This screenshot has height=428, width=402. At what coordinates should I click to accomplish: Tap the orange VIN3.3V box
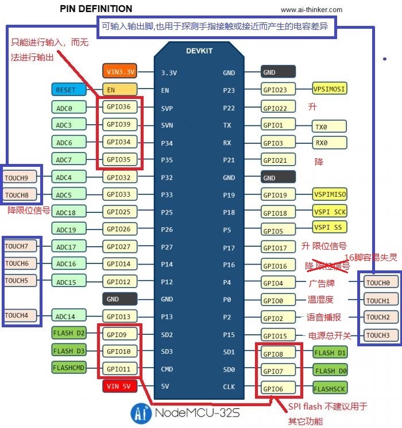121,72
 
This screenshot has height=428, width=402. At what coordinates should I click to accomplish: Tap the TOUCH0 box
378,282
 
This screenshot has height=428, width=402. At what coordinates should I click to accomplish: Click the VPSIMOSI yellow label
330,89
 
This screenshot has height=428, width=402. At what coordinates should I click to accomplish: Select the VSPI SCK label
330,211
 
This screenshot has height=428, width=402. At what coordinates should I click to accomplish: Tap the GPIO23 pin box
279,90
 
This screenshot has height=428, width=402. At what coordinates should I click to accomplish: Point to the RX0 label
329,143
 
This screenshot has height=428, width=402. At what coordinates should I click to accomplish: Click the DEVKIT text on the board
199,51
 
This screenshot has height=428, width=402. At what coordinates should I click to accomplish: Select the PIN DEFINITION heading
96,9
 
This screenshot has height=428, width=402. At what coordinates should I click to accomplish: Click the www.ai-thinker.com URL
311,10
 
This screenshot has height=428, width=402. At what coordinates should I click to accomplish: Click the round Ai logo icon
139,413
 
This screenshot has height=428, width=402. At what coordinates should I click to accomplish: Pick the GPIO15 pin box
279,335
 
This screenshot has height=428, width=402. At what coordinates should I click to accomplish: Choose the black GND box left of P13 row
120,299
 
